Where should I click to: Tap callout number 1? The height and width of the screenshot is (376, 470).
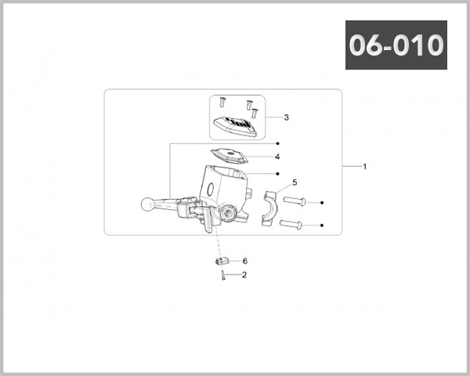click(x=364, y=167)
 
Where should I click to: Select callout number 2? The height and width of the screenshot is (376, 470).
click(x=244, y=275)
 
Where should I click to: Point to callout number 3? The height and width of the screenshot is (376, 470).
click(x=287, y=117)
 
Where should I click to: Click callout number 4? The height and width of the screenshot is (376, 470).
click(x=277, y=157)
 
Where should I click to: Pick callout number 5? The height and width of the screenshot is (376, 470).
click(x=295, y=182)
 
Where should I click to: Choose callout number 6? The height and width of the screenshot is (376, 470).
click(x=244, y=261)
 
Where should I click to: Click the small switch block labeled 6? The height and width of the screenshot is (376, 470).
click(x=221, y=260)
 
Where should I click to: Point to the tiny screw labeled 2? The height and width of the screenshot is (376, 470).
click(x=224, y=275)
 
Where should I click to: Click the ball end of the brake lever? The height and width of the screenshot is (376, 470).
click(x=147, y=204)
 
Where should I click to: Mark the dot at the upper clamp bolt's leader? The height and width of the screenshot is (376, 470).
click(x=322, y=202)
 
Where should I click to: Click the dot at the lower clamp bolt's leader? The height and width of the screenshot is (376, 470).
click(x=322, y=226)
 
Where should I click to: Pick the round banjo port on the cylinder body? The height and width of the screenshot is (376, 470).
click(x=229, y=211)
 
